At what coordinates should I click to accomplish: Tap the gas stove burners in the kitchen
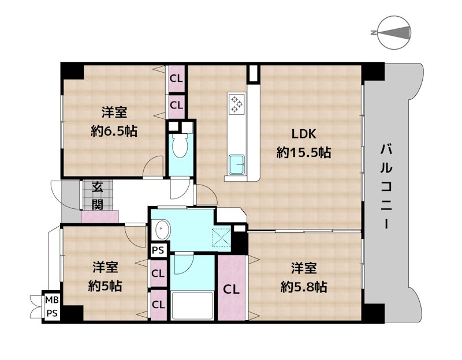pos(237,104)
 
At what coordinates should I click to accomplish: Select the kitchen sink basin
pos(237,164)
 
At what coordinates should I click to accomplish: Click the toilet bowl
pos(180,145)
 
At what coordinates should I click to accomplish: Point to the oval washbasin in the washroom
pos(162,230)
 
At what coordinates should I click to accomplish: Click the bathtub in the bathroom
pos(192,306)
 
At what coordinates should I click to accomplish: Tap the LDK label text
pos(304,134)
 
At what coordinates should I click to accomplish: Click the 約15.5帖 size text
pos(304,152)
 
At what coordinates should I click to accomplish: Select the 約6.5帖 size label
pos(114,131)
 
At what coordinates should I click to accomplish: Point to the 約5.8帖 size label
pos(304,286)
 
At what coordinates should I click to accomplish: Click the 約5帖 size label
pos(105,285)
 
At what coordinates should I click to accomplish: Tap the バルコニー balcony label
pos(386,186)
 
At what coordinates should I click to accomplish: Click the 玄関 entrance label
pos(97,196)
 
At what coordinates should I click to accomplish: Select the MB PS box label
pos(52,307)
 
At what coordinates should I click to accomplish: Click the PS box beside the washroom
pos(158,250)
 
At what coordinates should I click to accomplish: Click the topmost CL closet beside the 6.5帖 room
pos(177,78)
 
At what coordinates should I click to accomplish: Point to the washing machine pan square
pos(221,237)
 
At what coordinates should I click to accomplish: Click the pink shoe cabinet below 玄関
pos(99,216)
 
